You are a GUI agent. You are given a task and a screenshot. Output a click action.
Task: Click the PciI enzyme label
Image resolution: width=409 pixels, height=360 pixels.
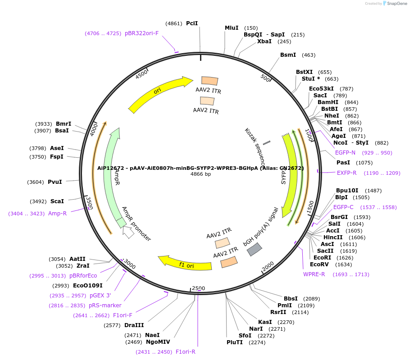[x=192, y=23]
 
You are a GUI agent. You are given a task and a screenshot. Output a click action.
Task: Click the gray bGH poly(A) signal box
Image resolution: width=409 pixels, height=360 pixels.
[x=254, y=249]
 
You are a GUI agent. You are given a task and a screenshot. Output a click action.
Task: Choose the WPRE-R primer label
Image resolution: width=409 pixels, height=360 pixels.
[x=314, y=274]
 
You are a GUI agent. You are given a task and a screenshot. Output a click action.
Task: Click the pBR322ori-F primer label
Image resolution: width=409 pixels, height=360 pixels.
[x=141, y=33]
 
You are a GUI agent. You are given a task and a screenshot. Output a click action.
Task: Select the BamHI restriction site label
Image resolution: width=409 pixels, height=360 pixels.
[x=328, y=102]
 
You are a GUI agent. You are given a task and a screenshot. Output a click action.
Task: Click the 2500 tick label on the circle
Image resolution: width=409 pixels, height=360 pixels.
[x=198, y=288]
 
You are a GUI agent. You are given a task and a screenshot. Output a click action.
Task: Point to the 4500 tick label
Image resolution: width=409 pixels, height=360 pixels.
[x=142, y=74]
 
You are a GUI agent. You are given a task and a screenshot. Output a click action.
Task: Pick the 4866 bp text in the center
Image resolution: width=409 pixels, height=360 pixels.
[x=200, y=174]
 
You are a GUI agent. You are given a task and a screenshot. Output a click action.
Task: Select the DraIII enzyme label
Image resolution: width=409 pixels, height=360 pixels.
[x=134, y=325]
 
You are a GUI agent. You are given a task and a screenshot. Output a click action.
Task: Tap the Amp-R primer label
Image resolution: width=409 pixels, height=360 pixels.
[x=57, y=214]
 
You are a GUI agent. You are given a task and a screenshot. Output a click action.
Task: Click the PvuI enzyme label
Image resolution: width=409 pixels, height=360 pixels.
[x=55, y=182]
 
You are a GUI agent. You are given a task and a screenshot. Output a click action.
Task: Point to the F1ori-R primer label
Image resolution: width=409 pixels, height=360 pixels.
[x=186, y=352]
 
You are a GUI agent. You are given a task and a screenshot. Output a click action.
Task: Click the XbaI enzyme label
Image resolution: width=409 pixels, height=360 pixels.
[x=264, y=41]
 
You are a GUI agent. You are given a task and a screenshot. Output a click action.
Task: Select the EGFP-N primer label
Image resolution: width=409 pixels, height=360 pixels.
[x=345, y=153]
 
